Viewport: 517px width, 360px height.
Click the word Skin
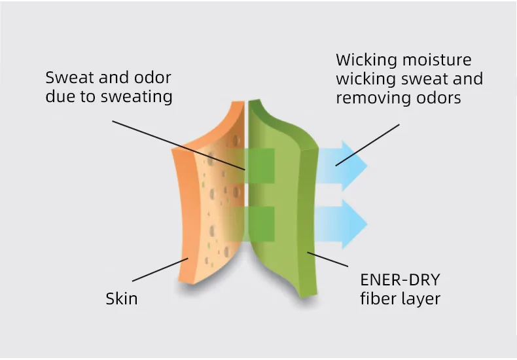click(122, 299)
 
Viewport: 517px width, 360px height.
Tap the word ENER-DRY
click(401, 281)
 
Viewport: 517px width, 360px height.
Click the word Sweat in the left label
click(69, 78)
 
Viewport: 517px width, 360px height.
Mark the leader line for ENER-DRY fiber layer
click(327, 259)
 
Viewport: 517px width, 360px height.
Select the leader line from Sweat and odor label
click(177, 145)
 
